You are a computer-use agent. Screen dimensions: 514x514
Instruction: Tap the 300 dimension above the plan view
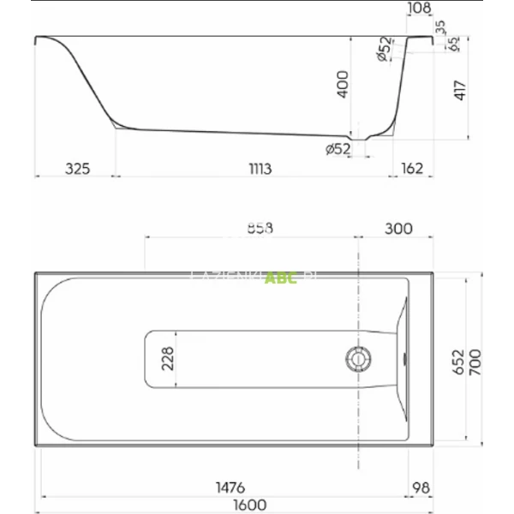pos(397,228)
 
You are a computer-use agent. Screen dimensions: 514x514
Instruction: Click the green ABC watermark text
pos(281,278)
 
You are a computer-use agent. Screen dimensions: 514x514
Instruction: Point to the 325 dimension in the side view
pos(77,169)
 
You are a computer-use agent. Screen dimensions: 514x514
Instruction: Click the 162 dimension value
pos(411,169)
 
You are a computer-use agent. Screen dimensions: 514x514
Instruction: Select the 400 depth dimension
pos(342,86)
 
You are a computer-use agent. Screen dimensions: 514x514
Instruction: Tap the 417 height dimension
pos(458,90)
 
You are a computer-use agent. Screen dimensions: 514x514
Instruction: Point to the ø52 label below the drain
pos(338,149)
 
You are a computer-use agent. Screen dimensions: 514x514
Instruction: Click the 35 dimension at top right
pos(441,27)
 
